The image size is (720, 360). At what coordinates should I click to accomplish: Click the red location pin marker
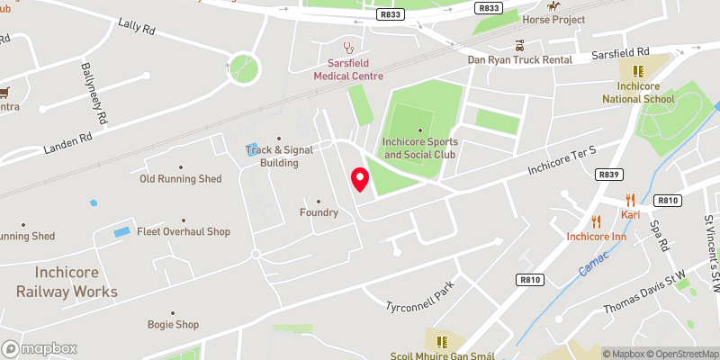coord(360,179)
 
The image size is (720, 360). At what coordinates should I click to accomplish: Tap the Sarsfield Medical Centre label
coord(349,70)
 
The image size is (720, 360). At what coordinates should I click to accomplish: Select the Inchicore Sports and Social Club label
coord(420,148)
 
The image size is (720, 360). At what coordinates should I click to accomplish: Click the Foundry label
coord(319,212)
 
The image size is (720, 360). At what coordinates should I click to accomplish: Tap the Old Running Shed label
coord(180,178)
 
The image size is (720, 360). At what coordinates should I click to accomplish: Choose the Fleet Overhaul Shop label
coord(183,231)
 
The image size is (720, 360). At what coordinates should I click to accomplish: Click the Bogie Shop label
coord(174,324)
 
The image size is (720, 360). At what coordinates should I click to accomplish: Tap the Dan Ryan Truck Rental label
coord(520,59)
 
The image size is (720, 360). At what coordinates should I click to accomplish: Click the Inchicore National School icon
coord(637,70)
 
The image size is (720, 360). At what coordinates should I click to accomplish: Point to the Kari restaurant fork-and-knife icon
coord(630,200)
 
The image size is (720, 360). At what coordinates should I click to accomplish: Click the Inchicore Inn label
coord(596,237)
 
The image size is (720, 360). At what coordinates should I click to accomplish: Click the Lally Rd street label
coord(137,22)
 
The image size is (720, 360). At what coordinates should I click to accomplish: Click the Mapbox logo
coord(39,348)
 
